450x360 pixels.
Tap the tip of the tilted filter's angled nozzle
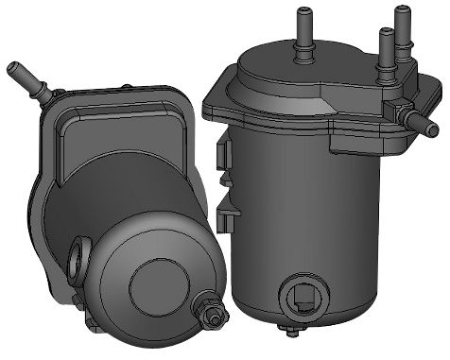tap(13, 69)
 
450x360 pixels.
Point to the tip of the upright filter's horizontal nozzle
tap(441, 124)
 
